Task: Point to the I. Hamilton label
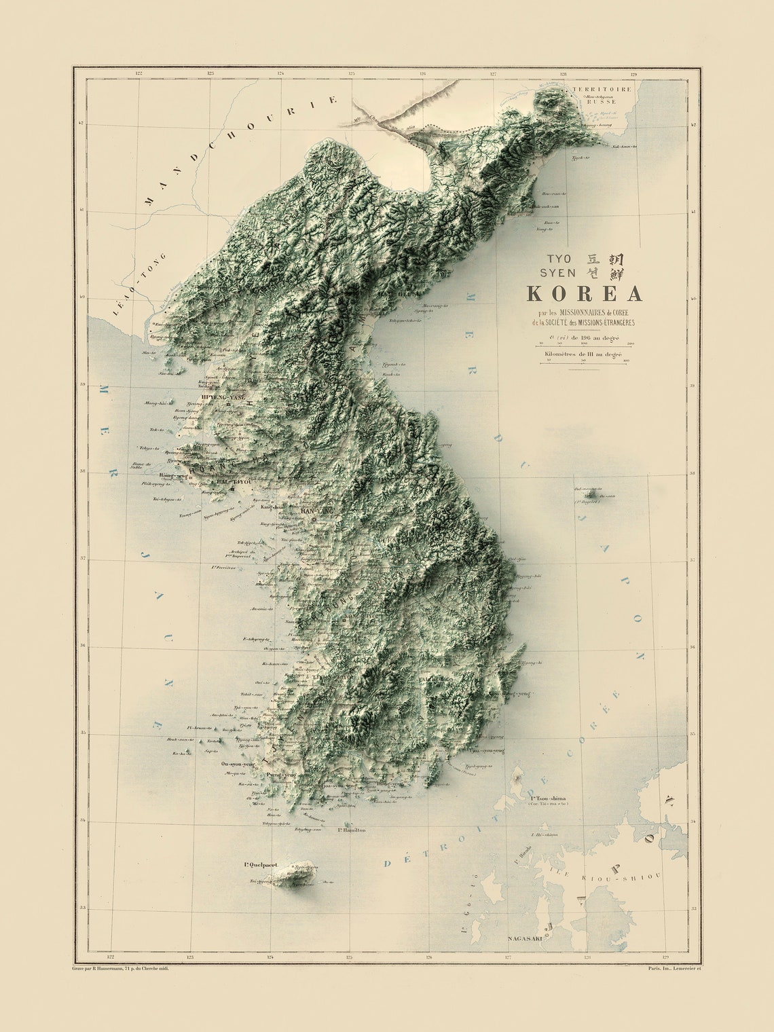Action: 352,830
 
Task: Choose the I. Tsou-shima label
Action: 549,798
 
